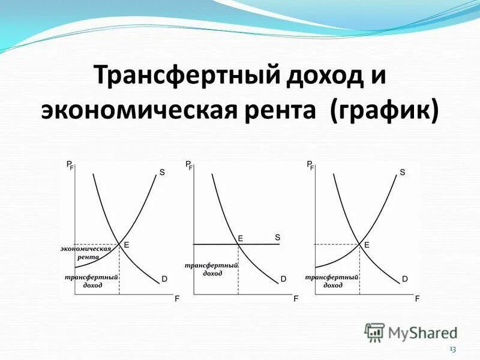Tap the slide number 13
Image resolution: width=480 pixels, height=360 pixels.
point(452,350)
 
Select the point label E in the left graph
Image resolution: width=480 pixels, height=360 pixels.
point(127,245)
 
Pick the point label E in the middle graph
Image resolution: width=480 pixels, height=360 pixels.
point(241,238)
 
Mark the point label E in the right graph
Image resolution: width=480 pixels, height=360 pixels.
point(367,245)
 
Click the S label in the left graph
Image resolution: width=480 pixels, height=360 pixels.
point(162,173)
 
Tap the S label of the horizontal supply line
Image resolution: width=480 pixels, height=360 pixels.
point(277,237)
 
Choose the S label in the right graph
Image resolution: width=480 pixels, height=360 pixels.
point(402,173)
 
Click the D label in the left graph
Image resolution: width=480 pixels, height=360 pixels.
point(164,279)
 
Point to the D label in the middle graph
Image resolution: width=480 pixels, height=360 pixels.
point(283,279)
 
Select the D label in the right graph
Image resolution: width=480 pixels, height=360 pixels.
point(405,279)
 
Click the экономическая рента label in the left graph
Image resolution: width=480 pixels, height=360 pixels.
point(86,252)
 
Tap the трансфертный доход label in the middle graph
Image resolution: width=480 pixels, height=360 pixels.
point(212,269)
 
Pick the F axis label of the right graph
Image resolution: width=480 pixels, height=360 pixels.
point(417,298)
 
